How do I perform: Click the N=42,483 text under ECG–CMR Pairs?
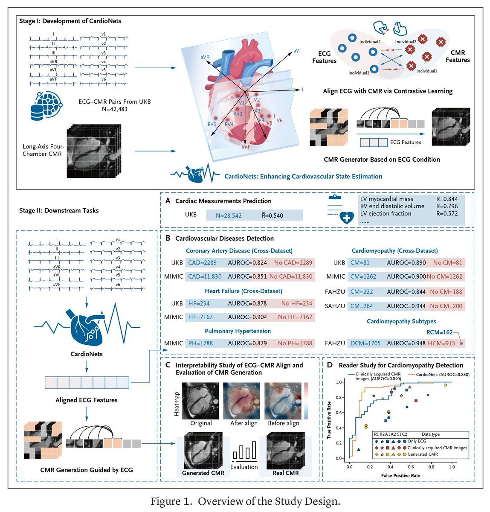(x=115, y=109)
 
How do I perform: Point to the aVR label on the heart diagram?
(x=205, y=57)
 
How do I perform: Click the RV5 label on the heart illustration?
(x=212, y=125)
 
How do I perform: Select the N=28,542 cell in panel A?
(x=229, y=215)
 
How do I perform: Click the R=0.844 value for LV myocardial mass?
(x=447, y=199)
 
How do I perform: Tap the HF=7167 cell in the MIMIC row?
(x=200, y=317)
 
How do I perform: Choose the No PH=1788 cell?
(x=295, y=343)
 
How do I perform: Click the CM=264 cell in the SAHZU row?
(x=362, y=306)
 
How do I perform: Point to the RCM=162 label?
(x=440, y=332)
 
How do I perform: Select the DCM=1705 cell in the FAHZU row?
(x=365, y=343)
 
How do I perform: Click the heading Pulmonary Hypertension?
(x=238, y=331)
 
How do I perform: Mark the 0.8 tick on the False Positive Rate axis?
(x=432, y=466)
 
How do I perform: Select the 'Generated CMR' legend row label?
(x=423, y=454)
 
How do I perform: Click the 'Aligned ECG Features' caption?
(x=87, y=400)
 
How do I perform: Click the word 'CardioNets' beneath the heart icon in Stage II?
(x=87, y=354)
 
